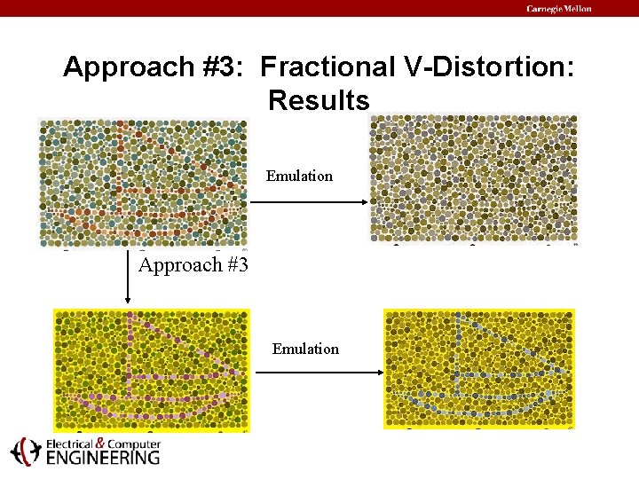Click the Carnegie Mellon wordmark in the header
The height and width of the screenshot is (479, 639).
(558, 9)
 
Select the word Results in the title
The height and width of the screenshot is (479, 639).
(319, 100)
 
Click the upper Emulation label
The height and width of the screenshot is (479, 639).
(299, 176)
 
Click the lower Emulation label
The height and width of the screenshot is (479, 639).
(305, 349)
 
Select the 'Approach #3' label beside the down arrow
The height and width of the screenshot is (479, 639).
(193, 264)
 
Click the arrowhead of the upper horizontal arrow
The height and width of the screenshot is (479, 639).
(363, 202)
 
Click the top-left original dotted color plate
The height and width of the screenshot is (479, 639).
(143, 182)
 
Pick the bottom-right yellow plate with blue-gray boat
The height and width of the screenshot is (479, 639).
(479, 368)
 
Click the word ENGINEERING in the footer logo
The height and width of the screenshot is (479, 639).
(103, 458)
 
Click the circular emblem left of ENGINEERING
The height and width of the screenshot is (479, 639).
(25, 452)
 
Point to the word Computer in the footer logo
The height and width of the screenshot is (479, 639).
(132, 444)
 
